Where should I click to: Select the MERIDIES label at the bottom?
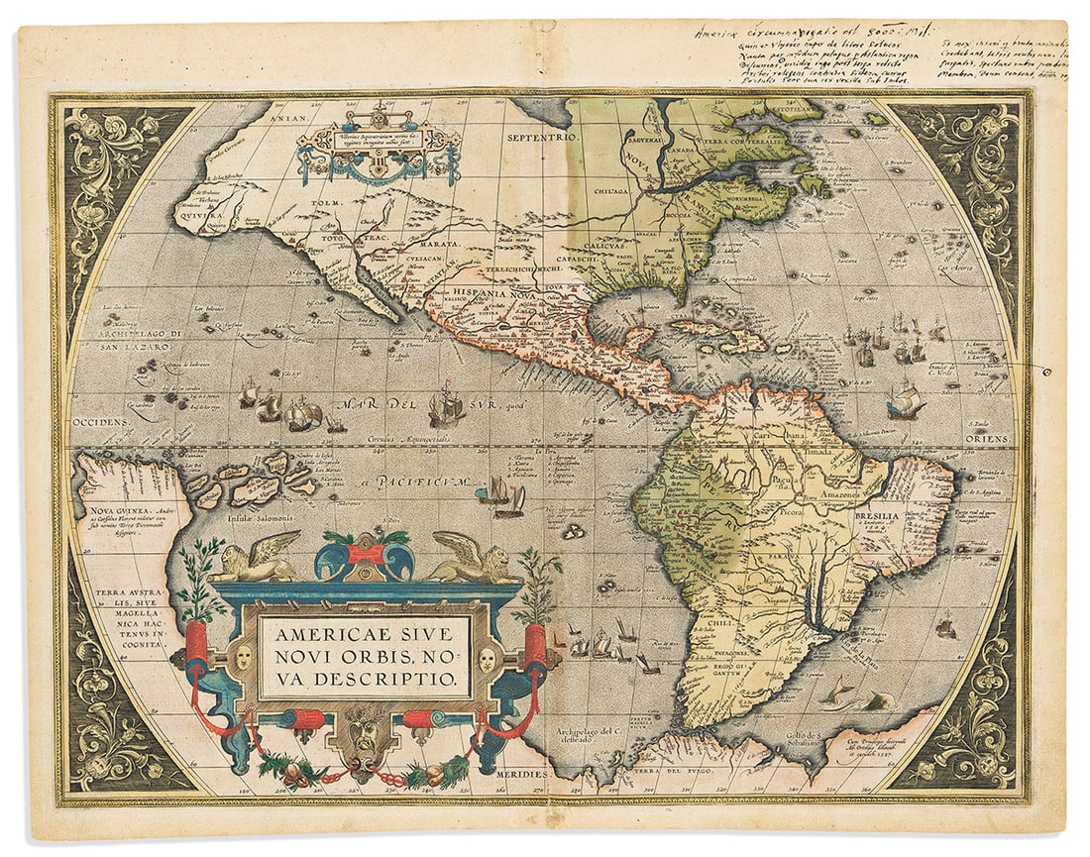coord(519,773)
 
